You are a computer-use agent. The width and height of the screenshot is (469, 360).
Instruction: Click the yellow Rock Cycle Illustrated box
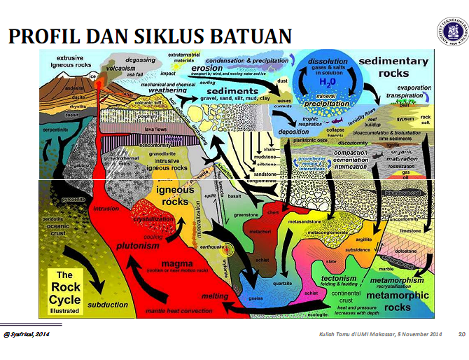(x=69, y=290)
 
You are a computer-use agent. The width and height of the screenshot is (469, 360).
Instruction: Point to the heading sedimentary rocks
(x=393, y=67)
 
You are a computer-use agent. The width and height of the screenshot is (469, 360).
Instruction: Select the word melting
(x=216, y=296)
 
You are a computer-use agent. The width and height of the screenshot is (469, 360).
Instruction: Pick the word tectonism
(x=339, y=278)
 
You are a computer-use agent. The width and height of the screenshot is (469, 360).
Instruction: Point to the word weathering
(x=167, y=90)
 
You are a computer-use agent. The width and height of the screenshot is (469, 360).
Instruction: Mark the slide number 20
(x=462, y=335)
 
